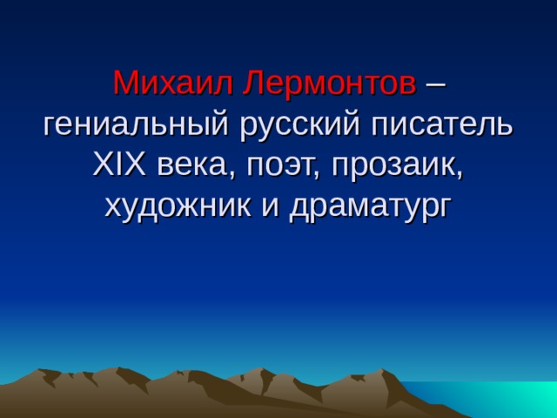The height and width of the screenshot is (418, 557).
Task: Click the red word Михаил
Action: click(173, 84)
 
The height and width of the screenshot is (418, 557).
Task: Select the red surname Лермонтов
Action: click(330, 84)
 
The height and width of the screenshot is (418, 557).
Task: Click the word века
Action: click(192, 165)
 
